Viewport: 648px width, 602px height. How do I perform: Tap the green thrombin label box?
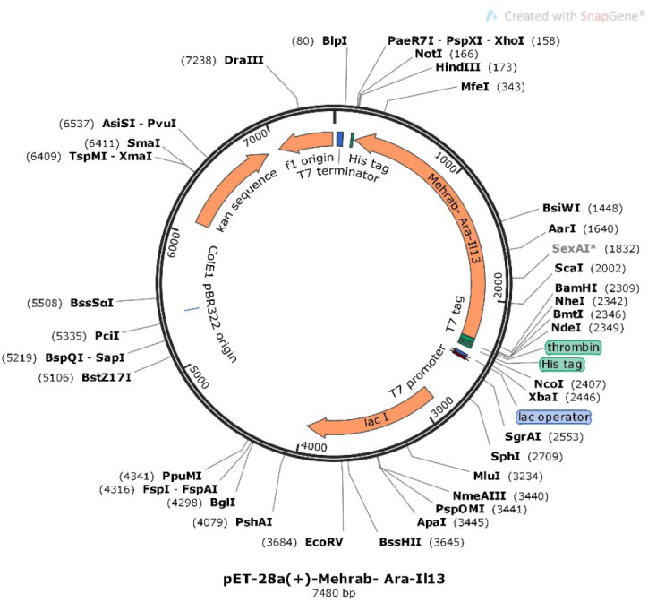(573, 347)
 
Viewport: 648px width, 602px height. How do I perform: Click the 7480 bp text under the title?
(323, 592)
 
